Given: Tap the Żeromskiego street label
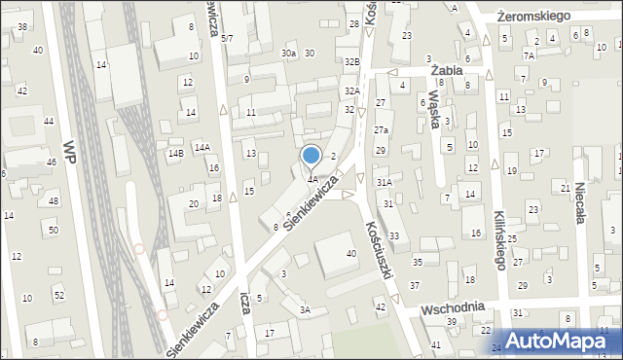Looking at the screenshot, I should [531, 17].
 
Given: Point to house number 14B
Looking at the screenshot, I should [175, 153].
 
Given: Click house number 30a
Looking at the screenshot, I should [288, 53].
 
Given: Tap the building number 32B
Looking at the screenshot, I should [352, 61].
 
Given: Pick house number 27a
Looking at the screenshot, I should [382, 129].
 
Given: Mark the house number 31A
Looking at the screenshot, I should [385, 182].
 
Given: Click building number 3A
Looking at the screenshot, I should [305, 310].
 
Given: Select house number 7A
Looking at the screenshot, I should [528, 55].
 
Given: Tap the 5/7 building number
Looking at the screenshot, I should [227, 38].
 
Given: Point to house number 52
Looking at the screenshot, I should [58, 294].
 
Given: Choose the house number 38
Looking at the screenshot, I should [22, 26].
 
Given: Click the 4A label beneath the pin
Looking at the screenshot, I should [312, 179].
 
